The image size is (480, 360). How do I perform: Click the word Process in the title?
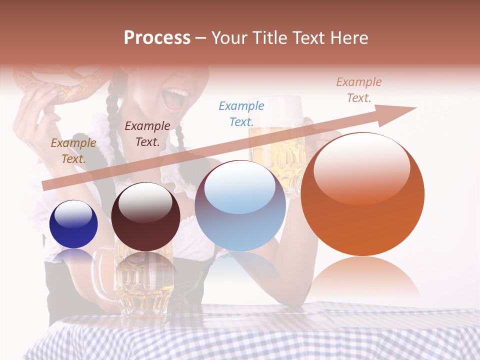(157, 37)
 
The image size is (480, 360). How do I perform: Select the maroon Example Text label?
(147, 133)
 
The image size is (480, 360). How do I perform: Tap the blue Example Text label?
(241, 113)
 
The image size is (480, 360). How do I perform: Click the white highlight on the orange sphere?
(362, 167)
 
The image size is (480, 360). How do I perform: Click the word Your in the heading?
(231, 38)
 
